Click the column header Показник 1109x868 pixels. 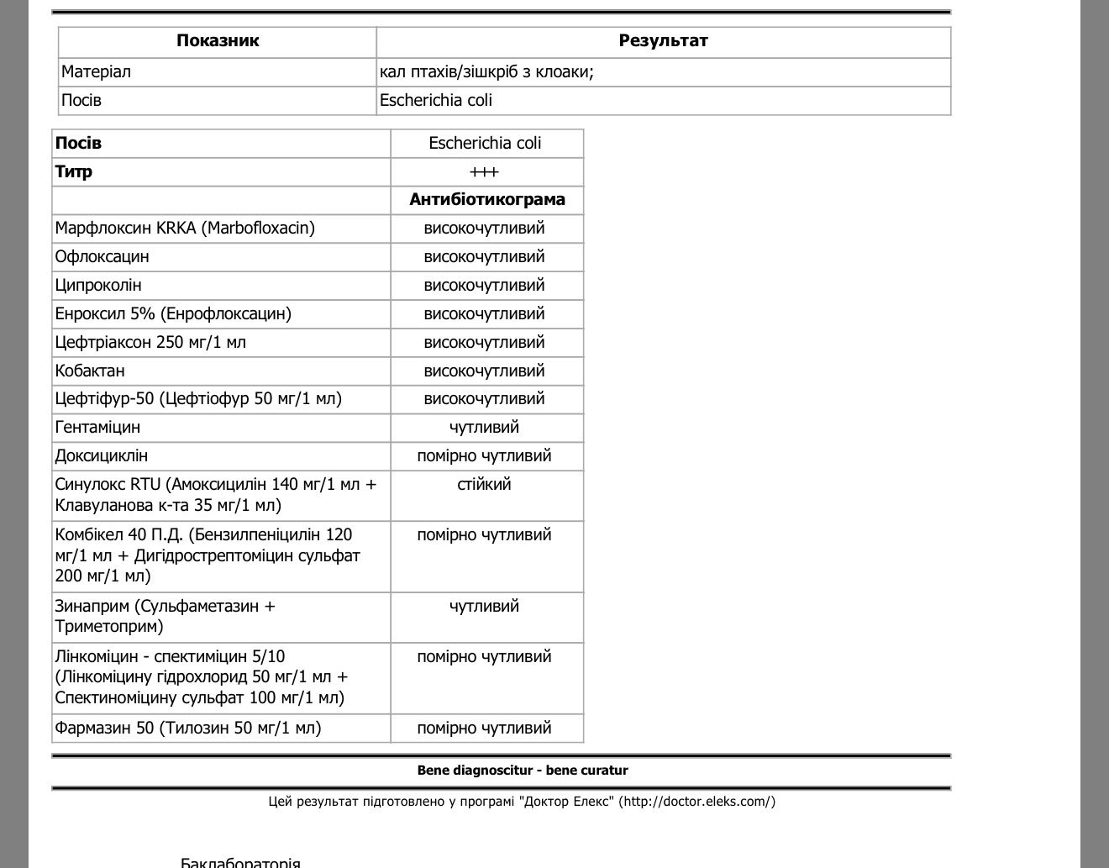click(x=218, y=40)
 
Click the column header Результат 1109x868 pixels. click(x=663, y=40)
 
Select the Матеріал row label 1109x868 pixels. click(x=96, y=72)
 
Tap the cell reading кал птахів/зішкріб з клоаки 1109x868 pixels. click(x=486, y=72)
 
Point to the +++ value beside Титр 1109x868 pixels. click(x=485, y=172)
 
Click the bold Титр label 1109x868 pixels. click(x=74, y=172)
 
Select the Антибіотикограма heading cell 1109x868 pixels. click(x=487, y=200)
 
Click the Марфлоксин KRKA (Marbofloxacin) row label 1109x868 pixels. click(x=185, y=229)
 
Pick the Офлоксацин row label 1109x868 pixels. click(x=102, y=257)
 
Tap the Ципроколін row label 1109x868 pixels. click(x=98, y=286)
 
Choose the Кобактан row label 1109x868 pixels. click(x=90, y=371)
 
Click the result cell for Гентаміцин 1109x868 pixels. click(x=485, y=428)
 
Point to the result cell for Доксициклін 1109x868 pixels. click(x=485, y=456)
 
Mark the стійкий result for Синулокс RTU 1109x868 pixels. click(x=485, y=485)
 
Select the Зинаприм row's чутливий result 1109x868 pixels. click(x=485, y=607)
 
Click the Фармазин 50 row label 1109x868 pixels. click(x=188, y=729)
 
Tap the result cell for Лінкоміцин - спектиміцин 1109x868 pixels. click(x=485, y=657)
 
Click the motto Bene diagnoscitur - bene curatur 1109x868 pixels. click(x=523, y=771)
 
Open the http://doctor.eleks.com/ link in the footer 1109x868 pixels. click(x=697, y=802)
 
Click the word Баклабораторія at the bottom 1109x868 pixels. click(x=240, y=862)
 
